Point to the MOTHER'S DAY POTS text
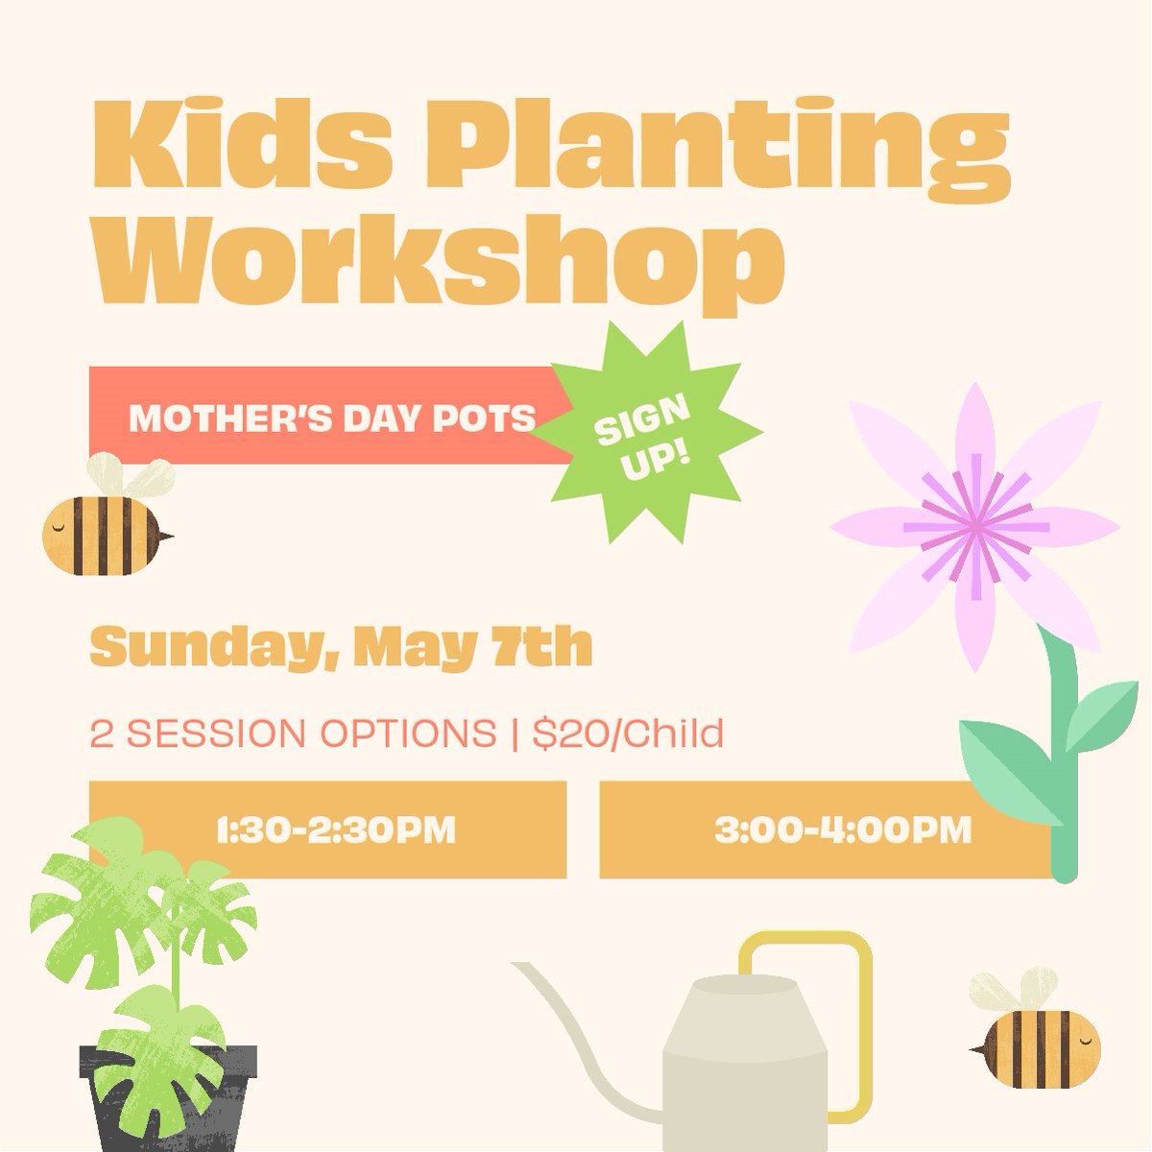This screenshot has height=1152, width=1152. [x=331, y=418]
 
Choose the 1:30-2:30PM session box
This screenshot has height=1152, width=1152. [x=327, y=829]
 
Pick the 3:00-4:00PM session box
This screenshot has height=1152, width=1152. [x=826, y=829]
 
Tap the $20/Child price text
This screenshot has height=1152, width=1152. [x=629, y=734]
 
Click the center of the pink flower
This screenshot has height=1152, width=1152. [x=975, y=525]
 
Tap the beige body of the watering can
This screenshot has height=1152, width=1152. [x=744, y=1075]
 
